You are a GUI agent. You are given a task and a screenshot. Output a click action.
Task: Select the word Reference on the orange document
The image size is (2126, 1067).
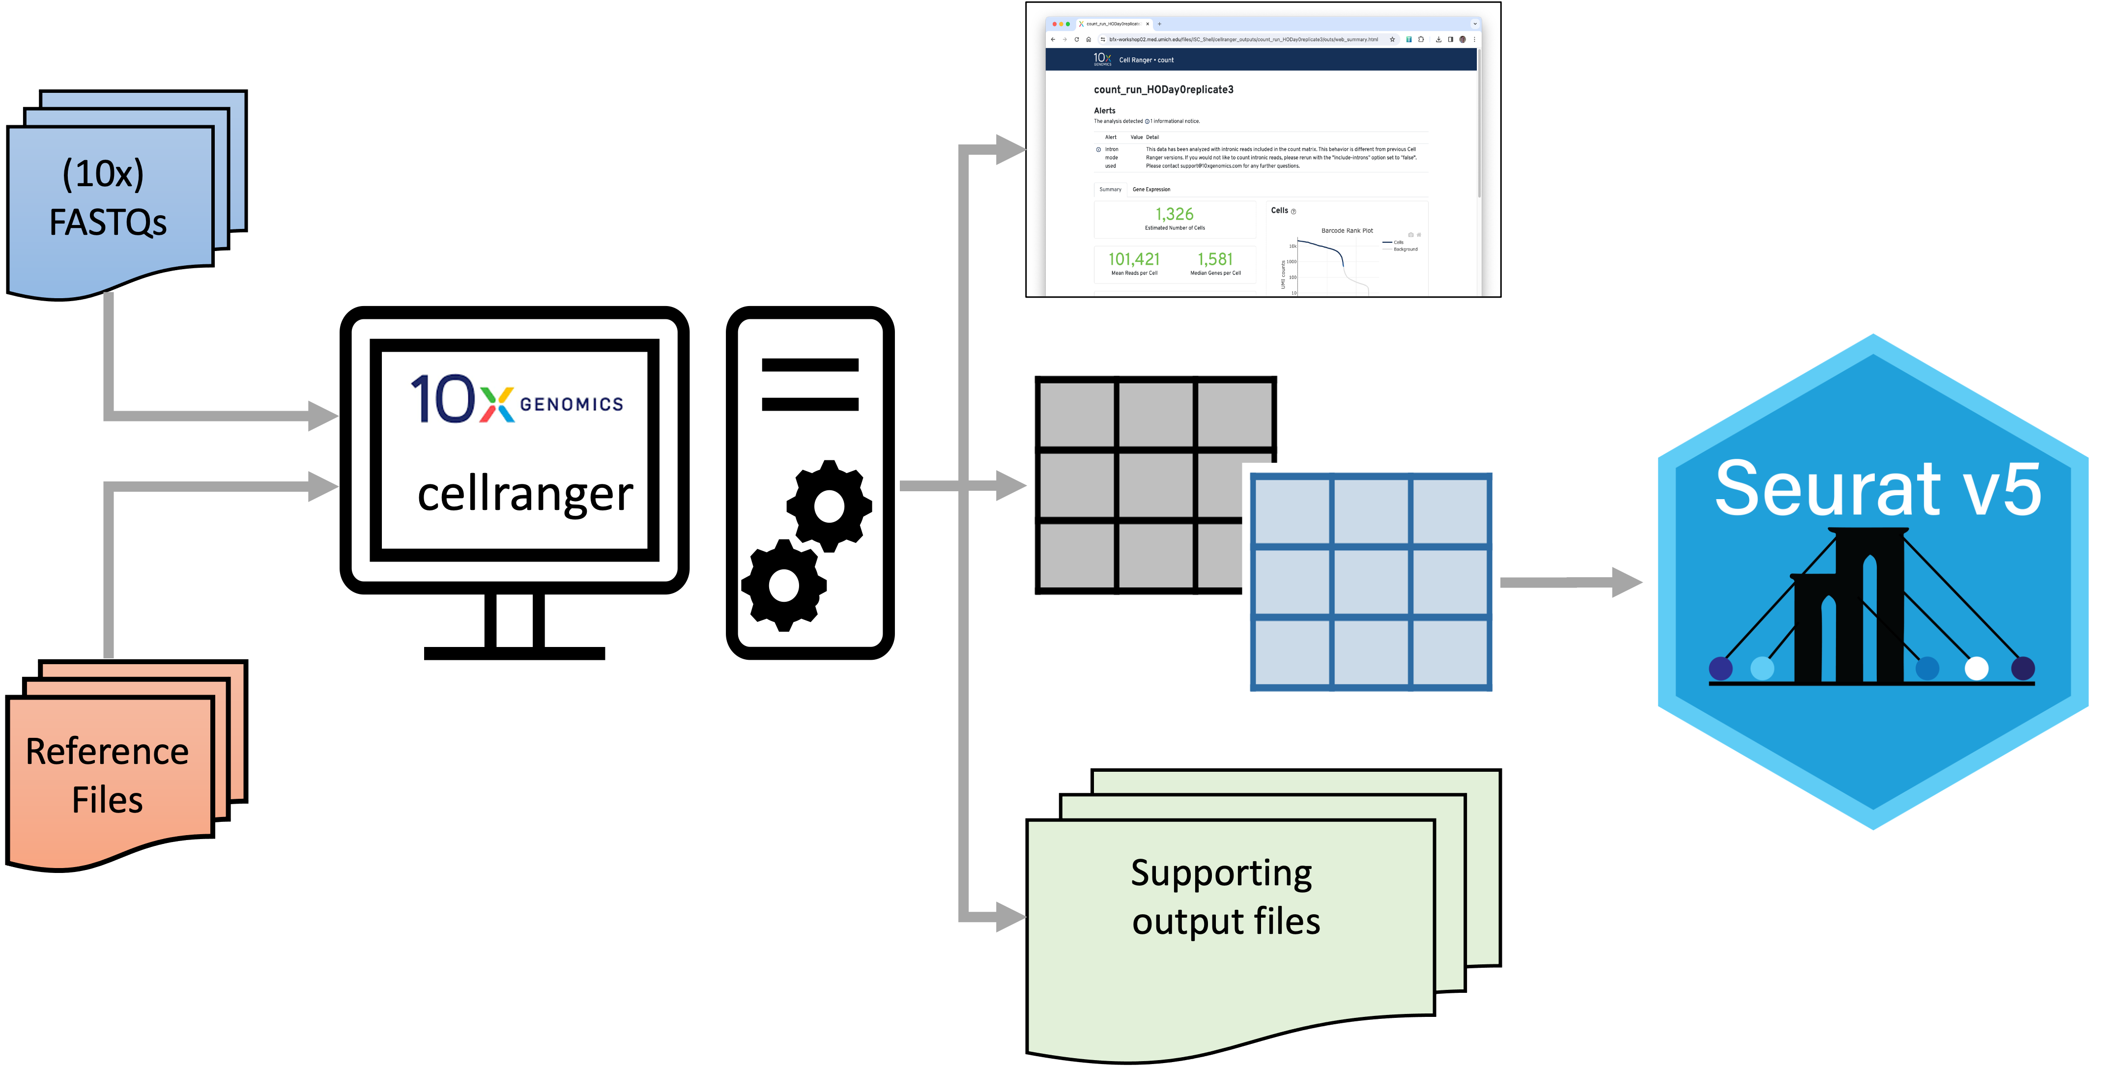107,751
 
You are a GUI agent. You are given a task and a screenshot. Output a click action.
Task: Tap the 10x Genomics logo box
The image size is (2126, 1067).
514,400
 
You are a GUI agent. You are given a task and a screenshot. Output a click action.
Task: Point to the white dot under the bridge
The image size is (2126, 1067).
1977,668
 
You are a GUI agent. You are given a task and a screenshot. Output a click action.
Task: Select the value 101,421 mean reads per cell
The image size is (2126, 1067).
1133,259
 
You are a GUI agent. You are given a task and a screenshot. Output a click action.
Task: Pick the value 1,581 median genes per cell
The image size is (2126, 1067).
1215,259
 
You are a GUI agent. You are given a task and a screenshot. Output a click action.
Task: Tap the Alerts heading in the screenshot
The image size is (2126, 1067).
1104,111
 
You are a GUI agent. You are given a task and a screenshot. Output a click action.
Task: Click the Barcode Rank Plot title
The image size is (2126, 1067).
1347,231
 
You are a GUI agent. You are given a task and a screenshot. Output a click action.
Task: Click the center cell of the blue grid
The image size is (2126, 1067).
1371,582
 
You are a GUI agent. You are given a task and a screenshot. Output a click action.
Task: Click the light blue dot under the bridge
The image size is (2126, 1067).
1762,668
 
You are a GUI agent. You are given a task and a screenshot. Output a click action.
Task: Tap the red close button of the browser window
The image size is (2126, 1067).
1054,24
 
